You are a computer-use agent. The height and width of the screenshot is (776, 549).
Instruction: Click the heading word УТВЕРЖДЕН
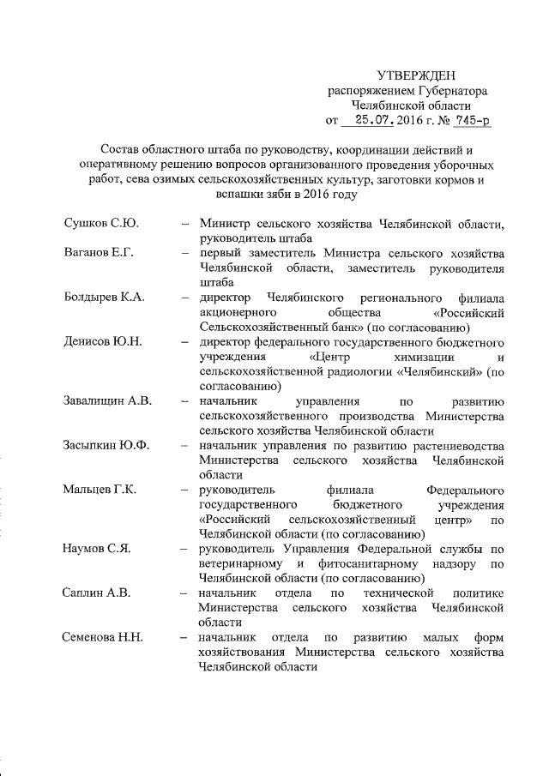pos(418,75)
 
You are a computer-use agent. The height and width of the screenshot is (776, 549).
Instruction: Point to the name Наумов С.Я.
pos(97,549)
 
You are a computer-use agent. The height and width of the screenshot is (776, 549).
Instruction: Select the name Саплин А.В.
pos(96,593)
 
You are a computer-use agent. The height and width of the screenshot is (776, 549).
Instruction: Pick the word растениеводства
pos(452,446)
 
